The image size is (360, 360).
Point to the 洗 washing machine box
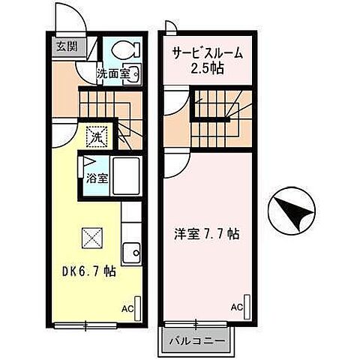[96, 136]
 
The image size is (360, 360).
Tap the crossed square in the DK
[91, 238]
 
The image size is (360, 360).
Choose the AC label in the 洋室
[235, 307]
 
